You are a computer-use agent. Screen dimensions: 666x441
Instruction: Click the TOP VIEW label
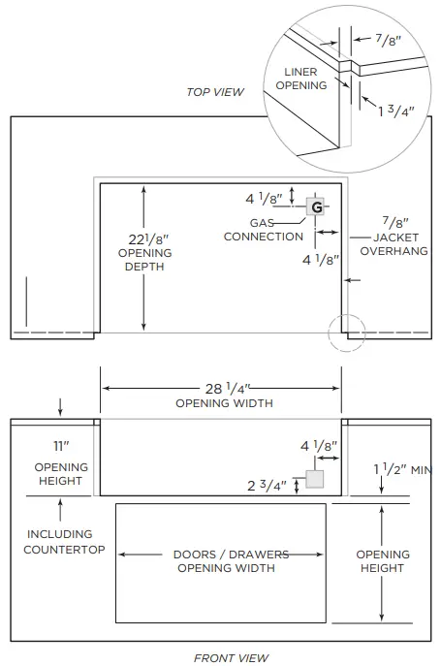click(215, 92)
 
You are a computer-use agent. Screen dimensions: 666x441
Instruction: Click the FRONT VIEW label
click(231, 658)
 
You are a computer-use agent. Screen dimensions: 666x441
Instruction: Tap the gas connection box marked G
click(316, 206)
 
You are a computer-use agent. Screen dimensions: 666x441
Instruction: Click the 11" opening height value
click(62, 447)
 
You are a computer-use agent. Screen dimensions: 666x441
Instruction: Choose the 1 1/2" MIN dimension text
click(401, 468)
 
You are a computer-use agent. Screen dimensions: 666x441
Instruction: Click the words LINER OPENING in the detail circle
click(300, 79)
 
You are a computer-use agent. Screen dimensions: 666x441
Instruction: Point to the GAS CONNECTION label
click(263, 230)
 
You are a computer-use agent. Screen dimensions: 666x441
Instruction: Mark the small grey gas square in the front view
click(313, 479)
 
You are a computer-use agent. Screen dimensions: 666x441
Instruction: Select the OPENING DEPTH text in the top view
click(144, 260)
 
